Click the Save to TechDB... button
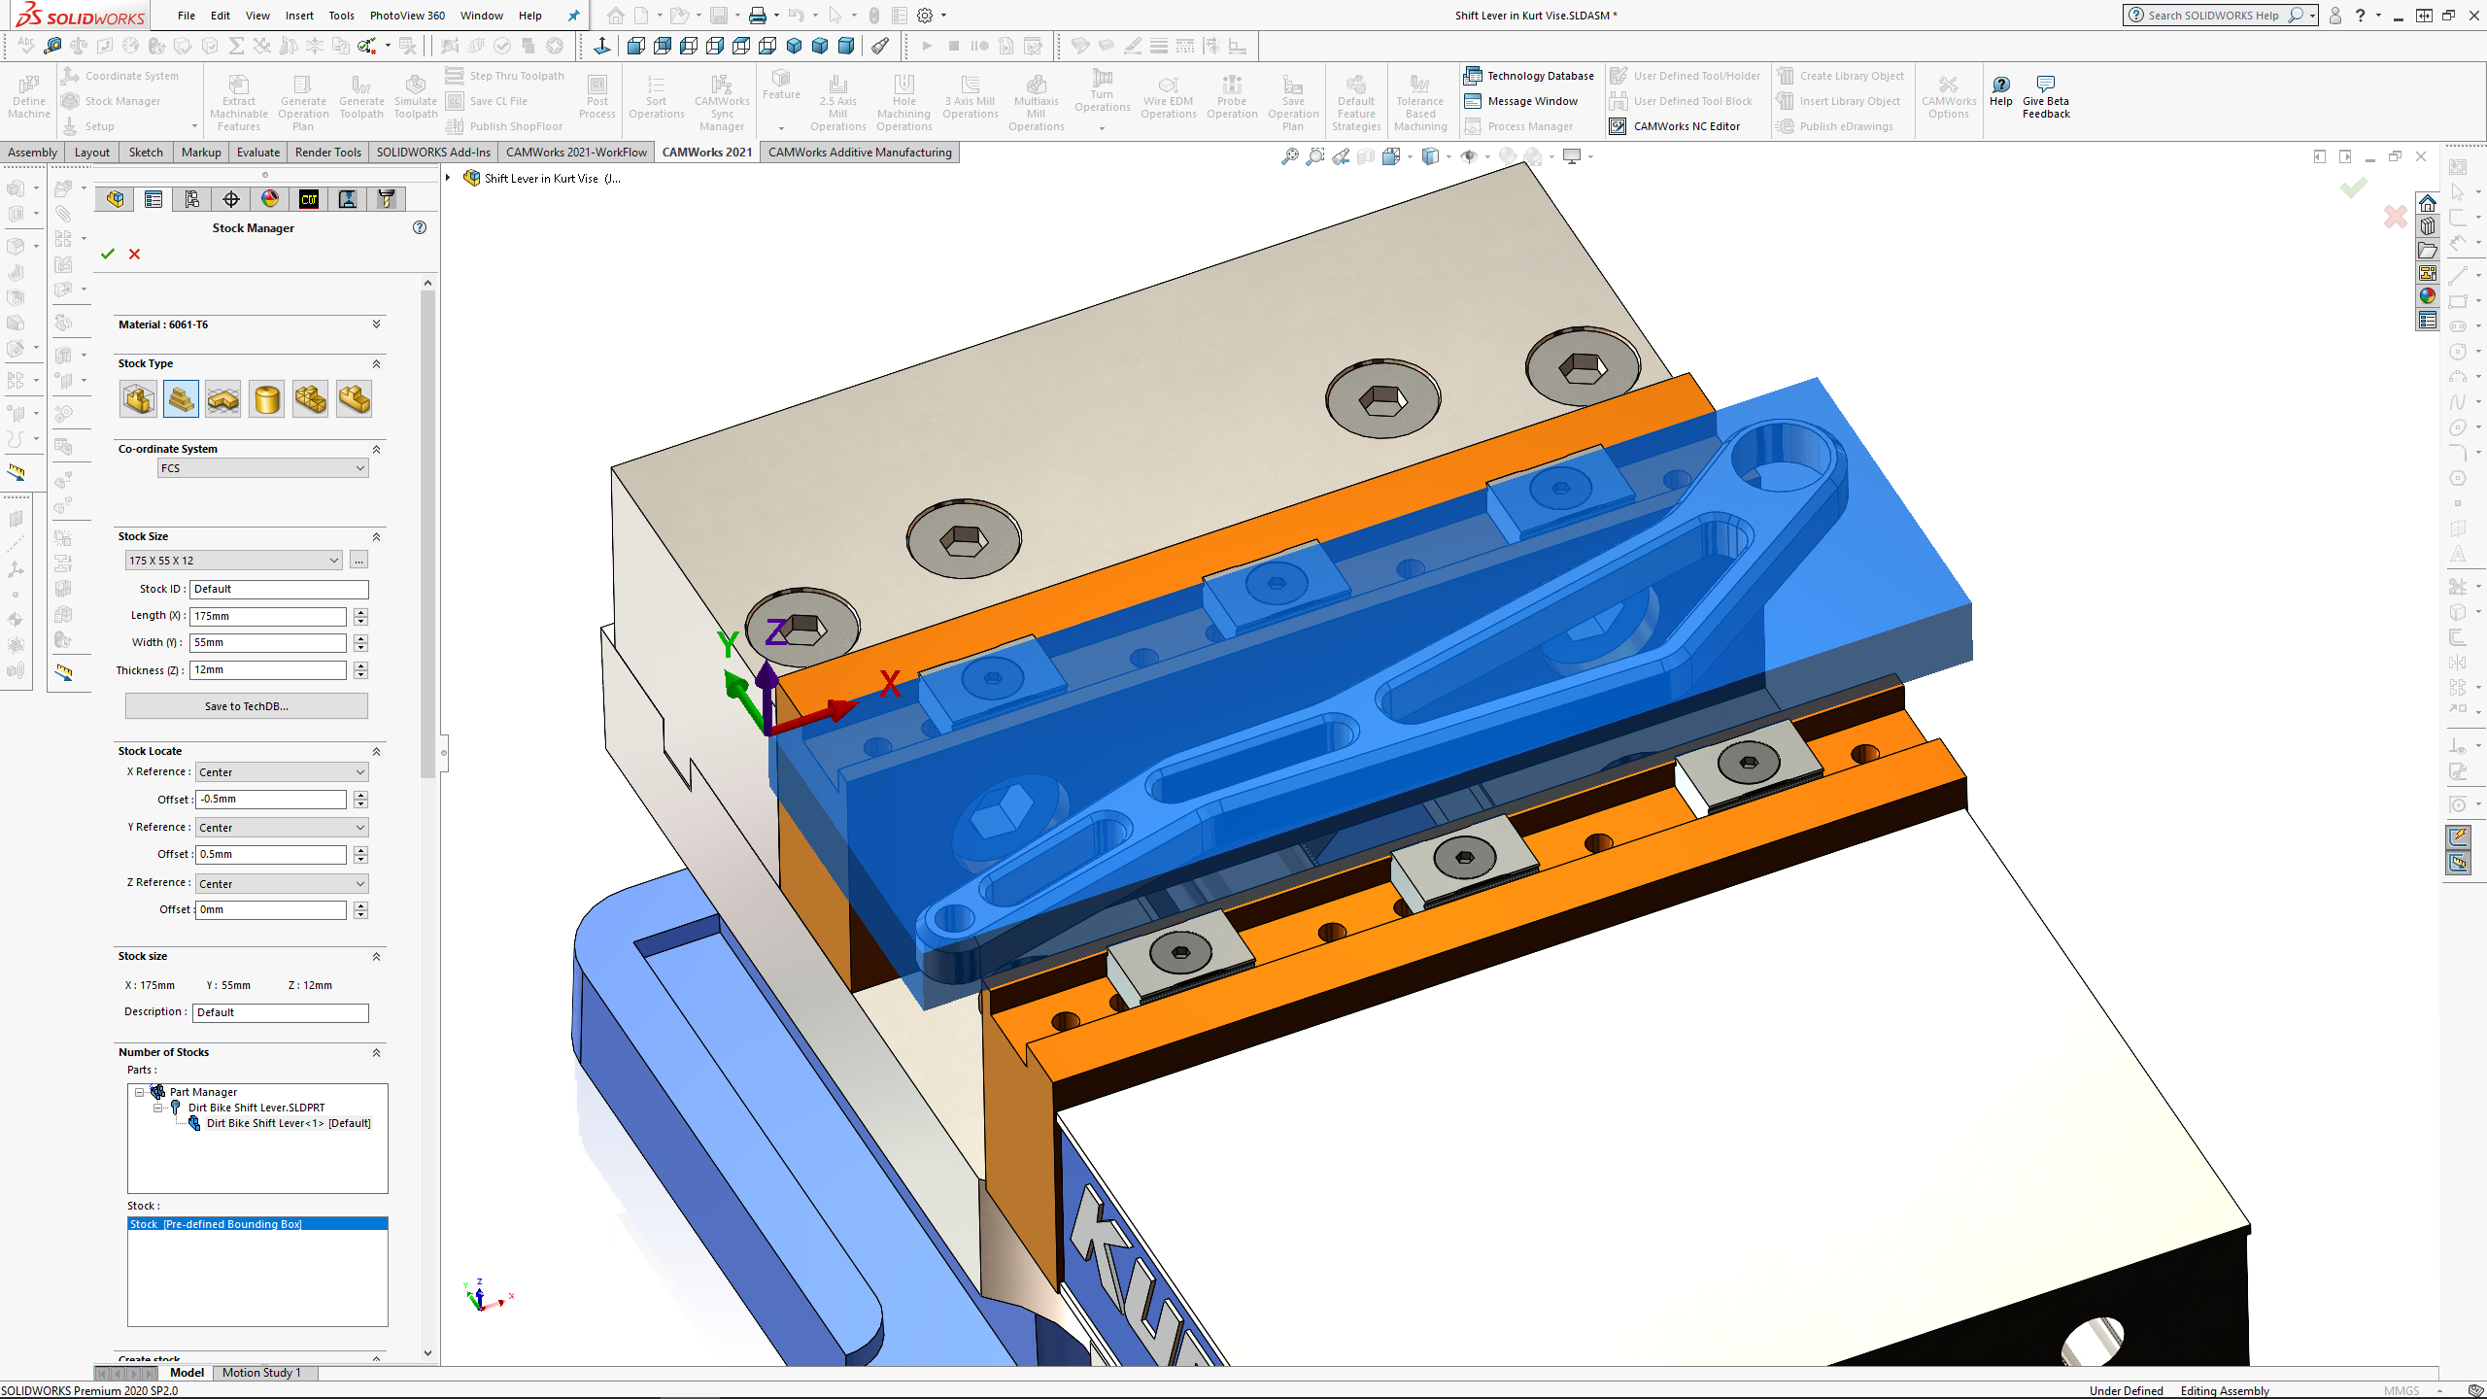(x=246, y=706)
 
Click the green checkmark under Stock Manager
(x=108, y=255)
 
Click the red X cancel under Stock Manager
(x=135, y=255)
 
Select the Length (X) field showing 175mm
(x=267, y=616)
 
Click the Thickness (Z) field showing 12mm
(x=267, y=669)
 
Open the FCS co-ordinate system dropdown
(x=263, y=468)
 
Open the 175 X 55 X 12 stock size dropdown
(x=233, y=561)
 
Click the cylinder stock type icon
(x=266, y=399)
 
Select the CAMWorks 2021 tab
(x=706, y=153)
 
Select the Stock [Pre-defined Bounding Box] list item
(x=216, y=1224)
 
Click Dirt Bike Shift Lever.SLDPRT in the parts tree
(x=256, y=1108)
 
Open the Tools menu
(x=341, y=16)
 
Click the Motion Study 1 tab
(x=261, y=1373)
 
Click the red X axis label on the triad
(x=890, y=684)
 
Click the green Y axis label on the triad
(x=728, y=643)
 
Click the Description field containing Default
(x=280, y=1012)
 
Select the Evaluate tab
(x=257, y=153)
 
